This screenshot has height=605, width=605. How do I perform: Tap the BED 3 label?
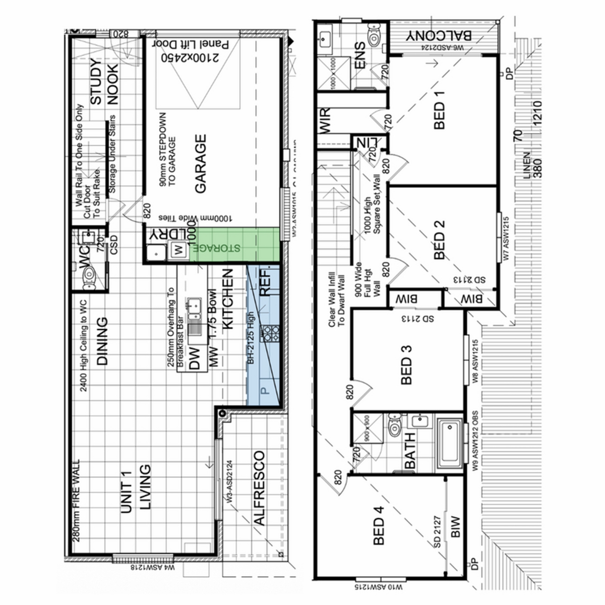tap(407, 365)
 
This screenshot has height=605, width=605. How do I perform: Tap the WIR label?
tap(325, 121)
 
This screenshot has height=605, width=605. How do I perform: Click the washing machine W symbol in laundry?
tap(177, 248)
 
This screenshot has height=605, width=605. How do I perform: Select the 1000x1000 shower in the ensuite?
tap(333, 74)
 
